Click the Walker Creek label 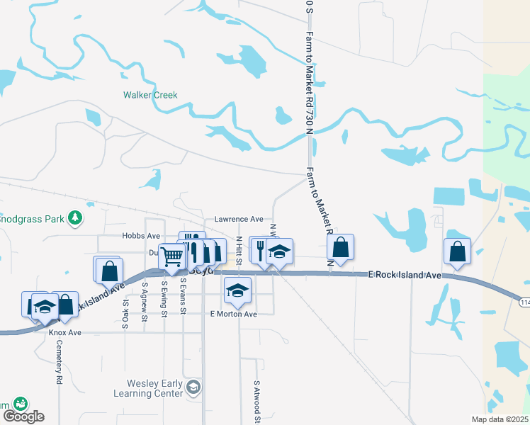point(150,95)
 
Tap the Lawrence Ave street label point(239,220)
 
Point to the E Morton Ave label point(233,314)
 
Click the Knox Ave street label point(65,332)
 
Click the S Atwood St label point(257,399)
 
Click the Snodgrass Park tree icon point(74,219)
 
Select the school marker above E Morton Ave point(238,289)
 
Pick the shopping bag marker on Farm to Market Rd point(341,247)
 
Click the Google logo point(23,416)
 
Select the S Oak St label point(125,307)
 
